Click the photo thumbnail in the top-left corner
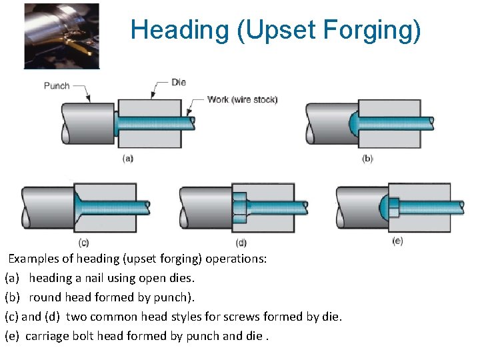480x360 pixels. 61,36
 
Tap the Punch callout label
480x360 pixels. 57,86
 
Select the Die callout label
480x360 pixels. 179,83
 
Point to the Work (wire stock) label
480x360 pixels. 243,100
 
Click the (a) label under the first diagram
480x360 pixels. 128,159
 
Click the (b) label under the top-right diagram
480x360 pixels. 367,159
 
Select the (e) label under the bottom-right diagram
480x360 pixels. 397,241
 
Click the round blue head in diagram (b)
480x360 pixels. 354,123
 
